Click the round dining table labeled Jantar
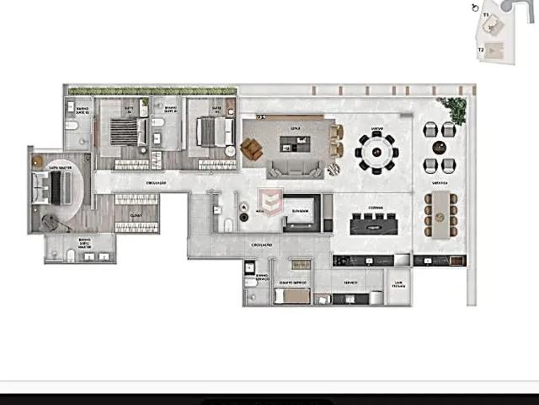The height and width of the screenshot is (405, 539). click(375, 152)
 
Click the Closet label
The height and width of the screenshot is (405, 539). click(136, 214)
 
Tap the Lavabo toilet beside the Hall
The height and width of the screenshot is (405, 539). click(229, 223)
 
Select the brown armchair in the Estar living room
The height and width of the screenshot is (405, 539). click(252, 149)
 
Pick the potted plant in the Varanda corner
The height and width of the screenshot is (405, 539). click(455, 108)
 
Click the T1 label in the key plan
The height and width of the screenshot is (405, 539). click(486, 15)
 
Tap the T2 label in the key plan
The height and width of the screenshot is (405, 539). click(481, 50)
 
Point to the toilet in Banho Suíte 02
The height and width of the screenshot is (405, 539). click(74, 126)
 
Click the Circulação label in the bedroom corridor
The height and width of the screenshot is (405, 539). click(156, 182)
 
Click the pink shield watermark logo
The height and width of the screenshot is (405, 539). click(270, 202)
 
